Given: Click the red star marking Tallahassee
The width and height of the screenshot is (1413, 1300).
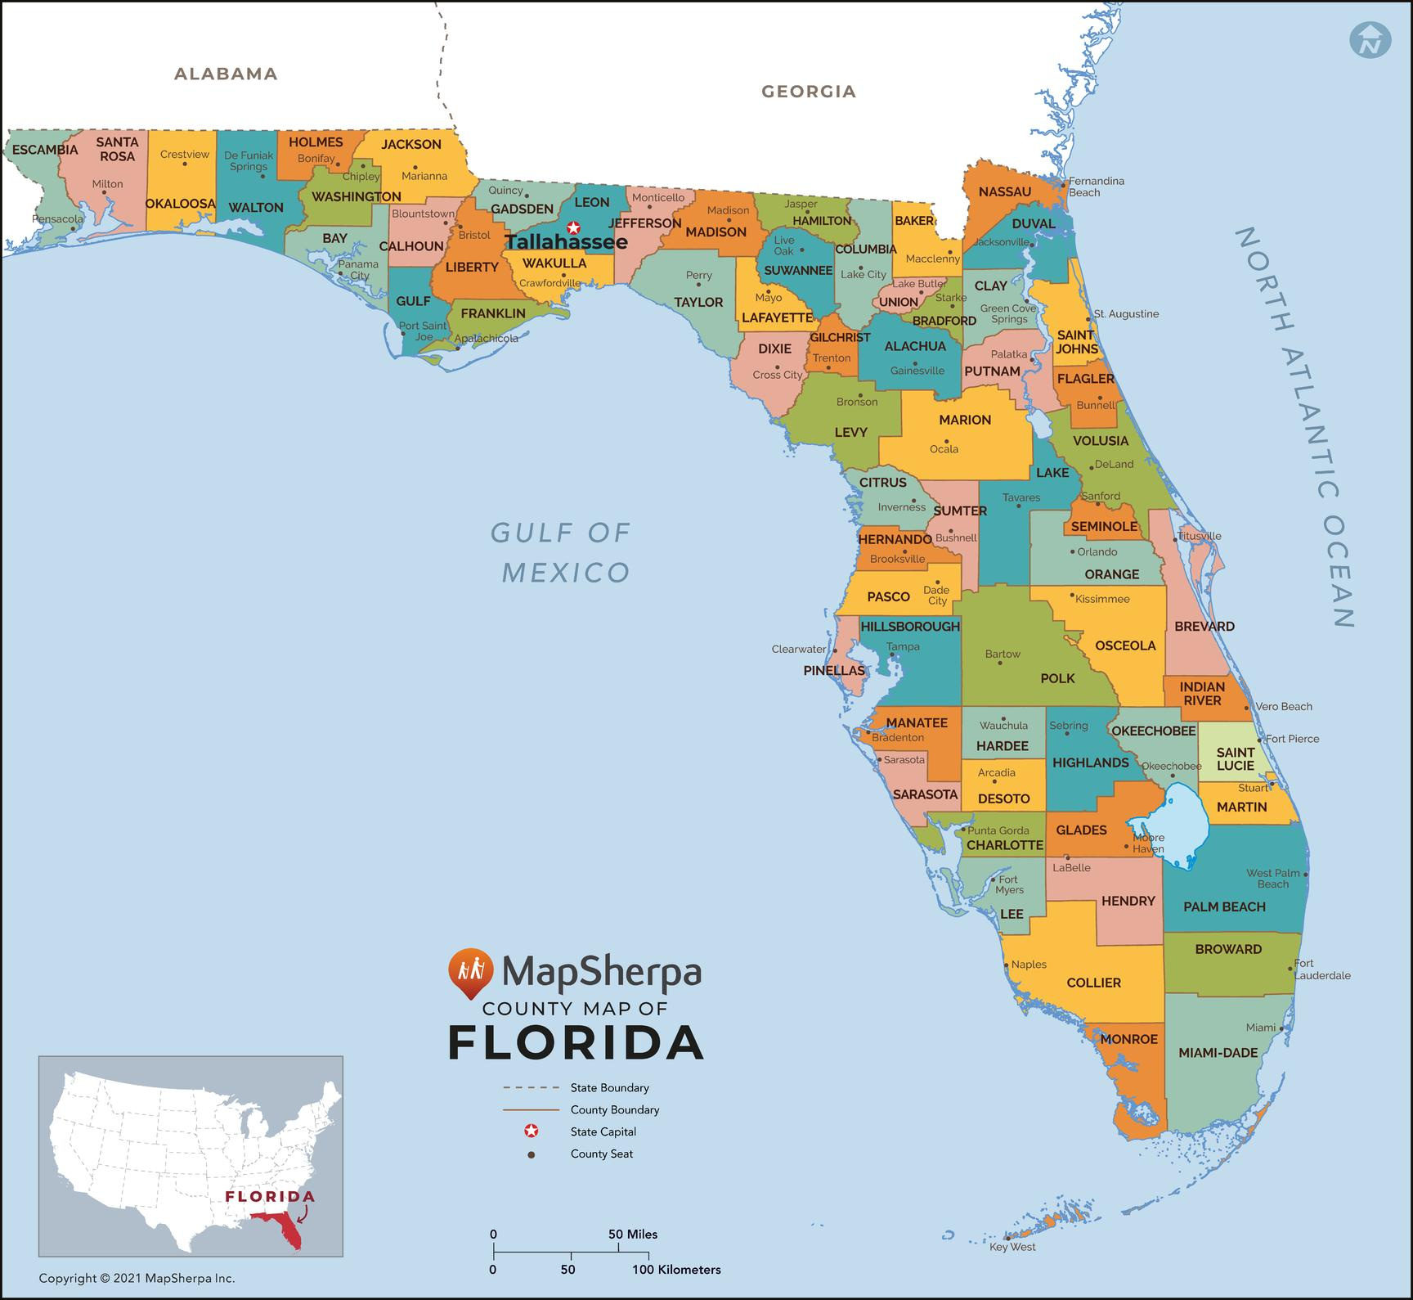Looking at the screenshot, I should pyautogui.click(x=574, y=227).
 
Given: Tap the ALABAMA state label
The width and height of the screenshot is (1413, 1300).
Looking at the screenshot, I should pyautogui.click(x=226, y=74).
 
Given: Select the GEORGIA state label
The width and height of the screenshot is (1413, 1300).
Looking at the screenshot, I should pyautogui.click(x=808, y=92).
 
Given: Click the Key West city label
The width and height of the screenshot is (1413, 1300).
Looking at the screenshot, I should pyautogui.click(x=1012, y=1247).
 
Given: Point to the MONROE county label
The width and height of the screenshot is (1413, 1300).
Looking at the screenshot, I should pyautogui.click(x=1128, y=1039).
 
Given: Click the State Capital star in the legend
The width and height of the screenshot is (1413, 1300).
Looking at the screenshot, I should pyautogui.click(x=532, y=1131).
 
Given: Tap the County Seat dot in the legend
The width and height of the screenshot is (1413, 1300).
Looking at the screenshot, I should pyautogui.click(x=532, y=1154).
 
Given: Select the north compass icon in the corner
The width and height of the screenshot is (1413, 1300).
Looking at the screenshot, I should pyautogui.click(x=1370, y=38).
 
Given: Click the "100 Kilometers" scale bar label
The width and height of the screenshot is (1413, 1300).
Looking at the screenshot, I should pyautogui.click(x=676, y=1270).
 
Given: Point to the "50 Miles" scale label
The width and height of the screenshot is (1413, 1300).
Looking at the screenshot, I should pyautogui.click(x=633, y=1234).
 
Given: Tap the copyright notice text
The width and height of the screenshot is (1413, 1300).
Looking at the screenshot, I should pyautogui.click(x=137, y=1278).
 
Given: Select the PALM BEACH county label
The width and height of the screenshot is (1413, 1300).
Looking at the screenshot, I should pyautogui.click(x=1224, y=906).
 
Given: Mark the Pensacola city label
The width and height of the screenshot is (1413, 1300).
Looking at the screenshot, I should pyautogui.click(x=57, y=219).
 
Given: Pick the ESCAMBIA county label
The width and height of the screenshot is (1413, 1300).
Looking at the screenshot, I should pyautogui.click(x=45, y=150).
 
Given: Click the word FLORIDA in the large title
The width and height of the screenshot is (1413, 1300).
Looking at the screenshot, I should pyautogui.click(x=576, y=1042).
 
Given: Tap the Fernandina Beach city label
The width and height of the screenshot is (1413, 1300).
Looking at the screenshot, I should pyautogui.click(x=1096, y=187).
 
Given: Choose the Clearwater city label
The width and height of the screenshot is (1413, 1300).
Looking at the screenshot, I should pyautogui.click(x=799, y=649).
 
